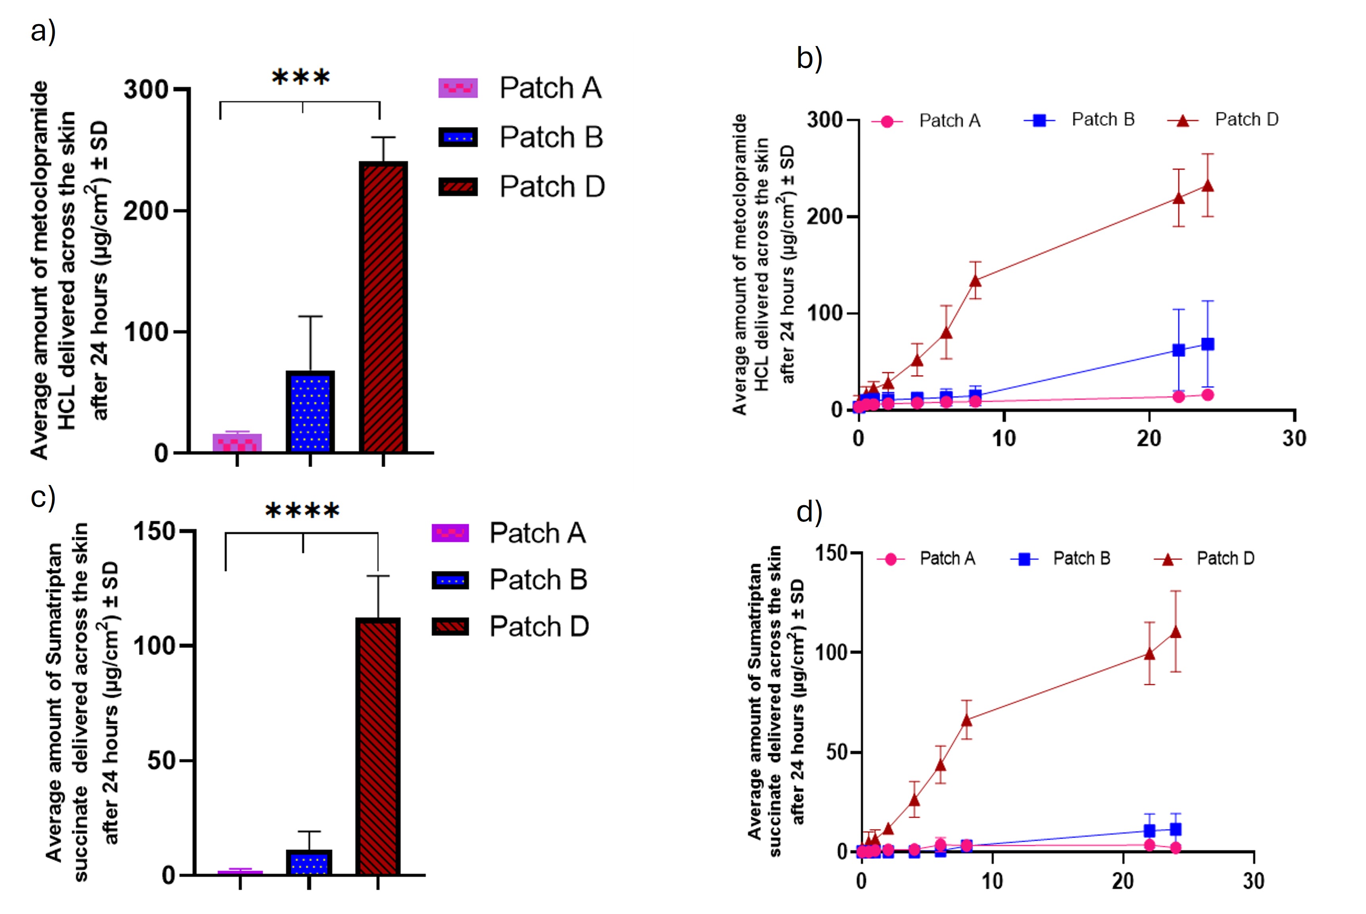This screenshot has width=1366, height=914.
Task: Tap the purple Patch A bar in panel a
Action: click(237, 443)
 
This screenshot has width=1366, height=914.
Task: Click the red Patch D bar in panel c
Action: click(378, 746)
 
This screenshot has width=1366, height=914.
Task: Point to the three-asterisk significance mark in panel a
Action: click(301, 77)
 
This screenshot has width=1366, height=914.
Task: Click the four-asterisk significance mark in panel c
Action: click(302, 511)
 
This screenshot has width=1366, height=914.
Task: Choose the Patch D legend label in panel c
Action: click(539, 627)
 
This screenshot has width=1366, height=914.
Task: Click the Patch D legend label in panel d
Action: click(1225, 558)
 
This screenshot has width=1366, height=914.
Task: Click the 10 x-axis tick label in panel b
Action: click(1004, 438)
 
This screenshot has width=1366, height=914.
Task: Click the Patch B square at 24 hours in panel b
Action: click(1208, 344)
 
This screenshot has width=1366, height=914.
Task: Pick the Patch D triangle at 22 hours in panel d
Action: click(1149, 653)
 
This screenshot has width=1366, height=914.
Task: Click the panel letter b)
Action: click(809, 58)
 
